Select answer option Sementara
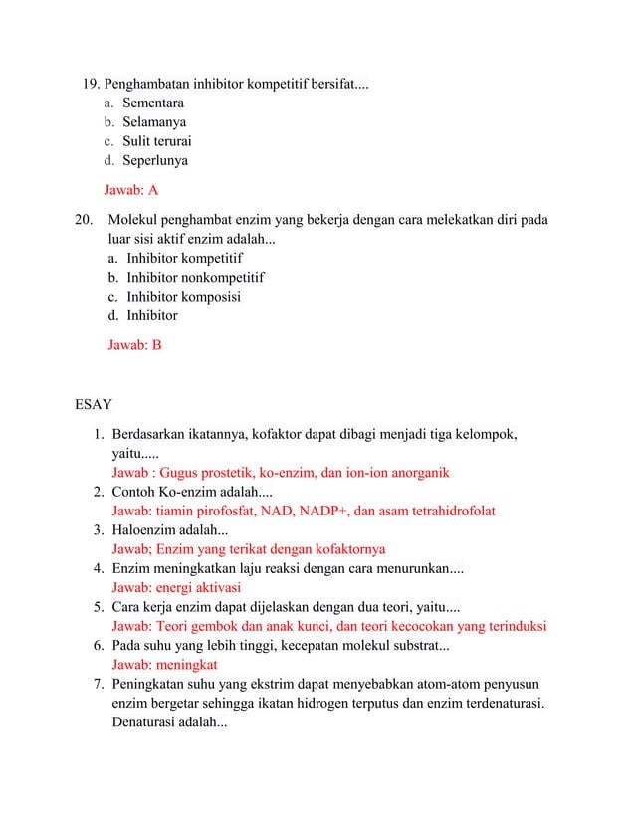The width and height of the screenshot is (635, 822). coord(152,103)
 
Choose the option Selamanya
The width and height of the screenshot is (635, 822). coord(154,122)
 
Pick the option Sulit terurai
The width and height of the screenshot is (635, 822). coord(157,141)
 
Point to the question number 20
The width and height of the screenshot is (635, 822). coord(85,219)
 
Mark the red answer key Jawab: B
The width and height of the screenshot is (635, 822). coord(134,344)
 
